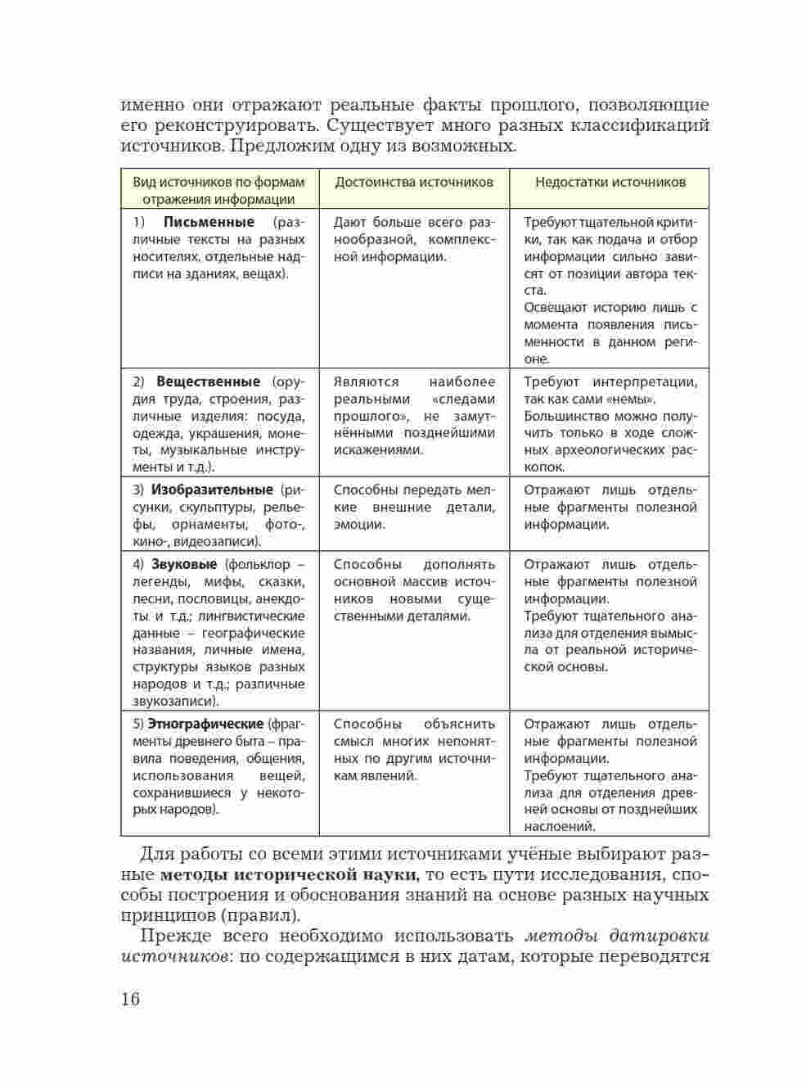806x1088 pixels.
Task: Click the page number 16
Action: click(131, 999)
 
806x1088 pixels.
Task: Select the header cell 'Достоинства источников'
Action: click(414, 182)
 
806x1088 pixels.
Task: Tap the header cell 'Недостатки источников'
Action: click(610, 182)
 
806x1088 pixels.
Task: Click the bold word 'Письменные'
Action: click(209, 222)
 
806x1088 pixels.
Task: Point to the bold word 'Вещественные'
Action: click(208, 381)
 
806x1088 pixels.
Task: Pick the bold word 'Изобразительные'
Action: click(212, 490)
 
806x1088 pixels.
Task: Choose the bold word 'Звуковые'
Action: click(184, 564)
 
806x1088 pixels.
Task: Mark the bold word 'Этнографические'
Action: click(205, 724)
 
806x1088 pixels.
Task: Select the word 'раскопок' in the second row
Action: click(544, 467)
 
